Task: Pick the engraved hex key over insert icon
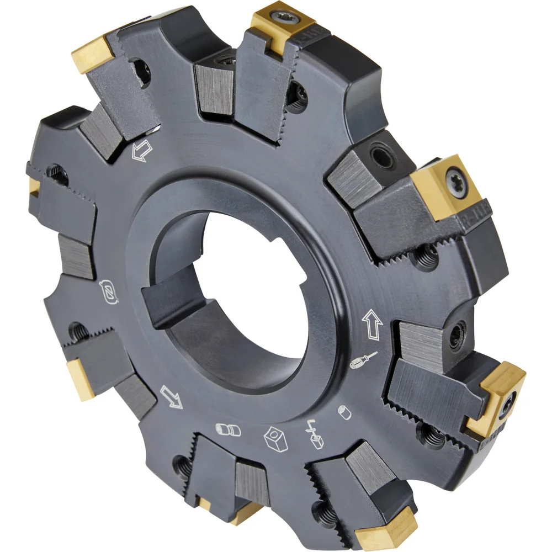[x=313, y=431]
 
